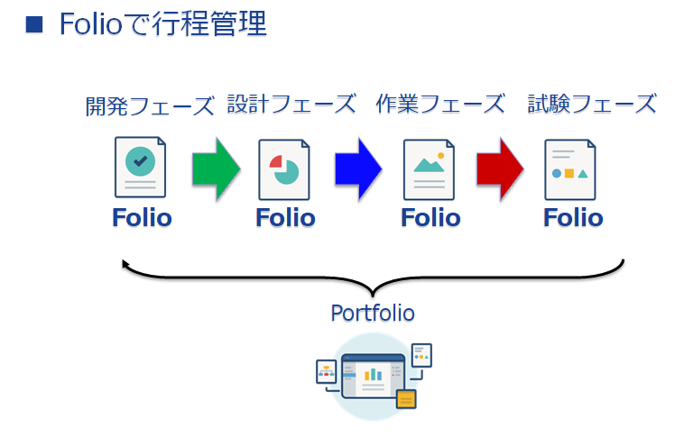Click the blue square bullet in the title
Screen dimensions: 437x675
[34, 23]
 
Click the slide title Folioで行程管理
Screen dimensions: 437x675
[163, 23]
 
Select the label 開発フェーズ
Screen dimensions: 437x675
[150, 105]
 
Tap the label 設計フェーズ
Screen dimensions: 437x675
[291, 104]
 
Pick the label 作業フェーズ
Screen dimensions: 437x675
[439, 104]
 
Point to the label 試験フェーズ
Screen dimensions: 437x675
[592, 104]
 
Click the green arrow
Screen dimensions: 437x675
[215, 167]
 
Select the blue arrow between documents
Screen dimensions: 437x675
[358, 167]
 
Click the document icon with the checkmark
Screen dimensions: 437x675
[141, 167]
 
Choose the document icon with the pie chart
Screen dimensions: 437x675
[285, 169]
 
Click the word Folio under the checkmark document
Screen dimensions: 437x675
[142, 218]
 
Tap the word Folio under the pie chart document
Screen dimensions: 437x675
[285, 218]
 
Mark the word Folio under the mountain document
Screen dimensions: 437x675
[430, 218]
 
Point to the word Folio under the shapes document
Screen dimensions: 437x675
[573, 218]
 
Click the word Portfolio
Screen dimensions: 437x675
[373, 313]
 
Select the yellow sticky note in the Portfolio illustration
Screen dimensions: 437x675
[406, 397]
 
